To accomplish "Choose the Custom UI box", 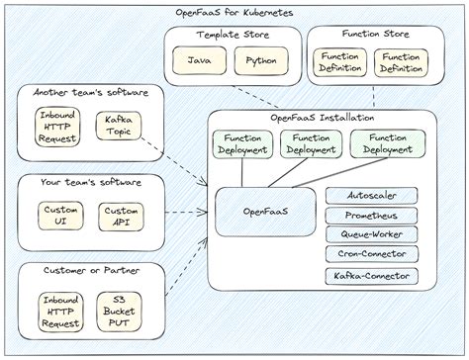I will click(x=57, y=215).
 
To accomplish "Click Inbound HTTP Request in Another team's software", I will click(x=57, y=128).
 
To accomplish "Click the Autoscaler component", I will click(x=371, y=196).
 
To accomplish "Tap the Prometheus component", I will click(x=371, y=216).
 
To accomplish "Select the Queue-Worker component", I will click(x=371, y=234).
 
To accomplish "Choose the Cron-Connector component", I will click(x=371, y=254).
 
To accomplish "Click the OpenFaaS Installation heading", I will click(x=322, y=118).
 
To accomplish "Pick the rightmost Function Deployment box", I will click(x=381, y=144).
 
